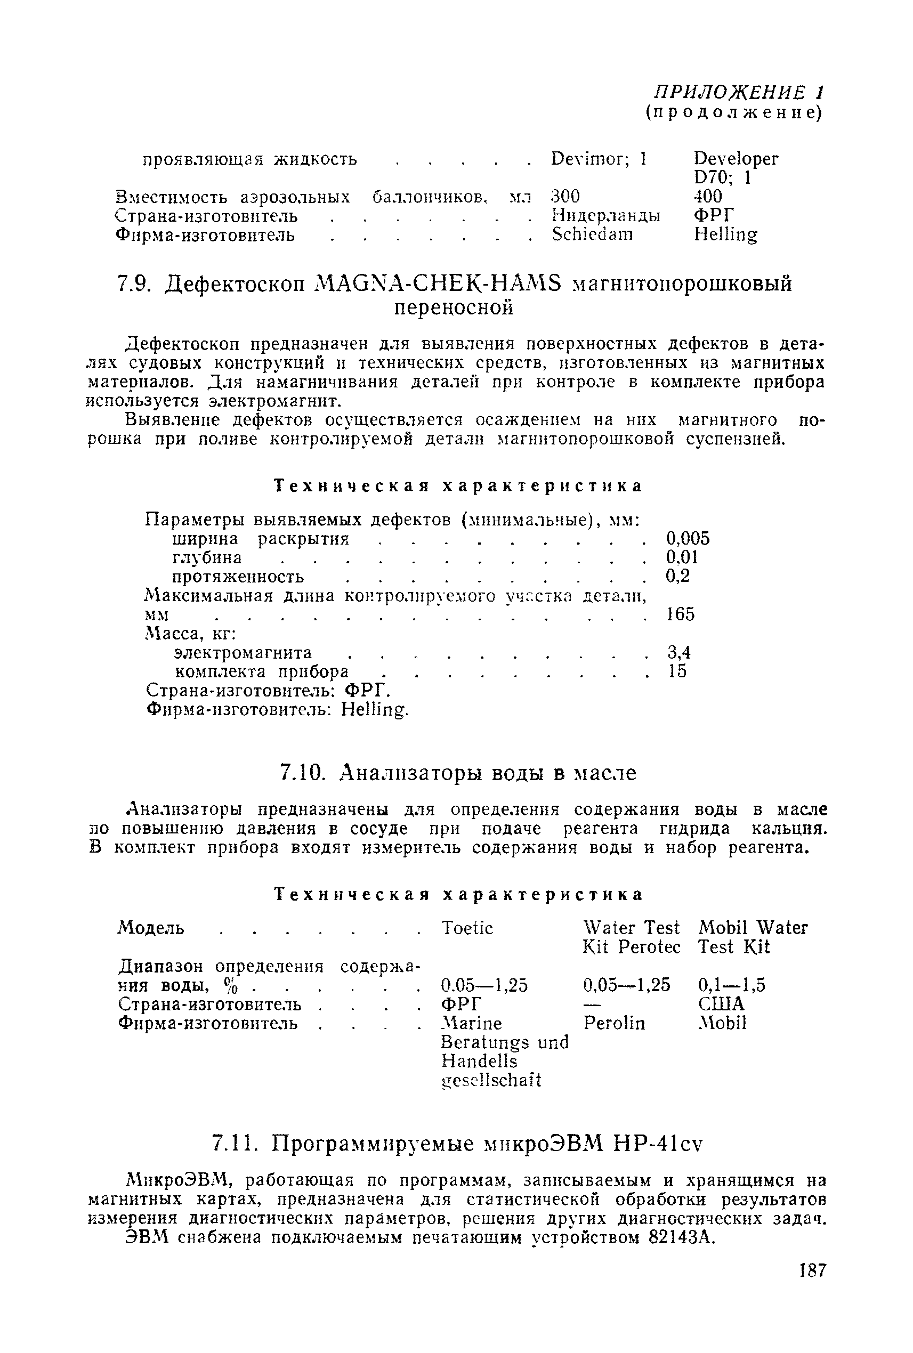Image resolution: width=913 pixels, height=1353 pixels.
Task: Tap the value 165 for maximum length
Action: point(680,614)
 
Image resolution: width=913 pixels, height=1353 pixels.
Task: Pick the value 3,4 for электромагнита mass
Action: point(678,652)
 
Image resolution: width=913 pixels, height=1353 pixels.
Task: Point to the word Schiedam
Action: point(592,234)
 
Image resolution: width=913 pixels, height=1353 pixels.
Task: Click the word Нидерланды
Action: point(605,215)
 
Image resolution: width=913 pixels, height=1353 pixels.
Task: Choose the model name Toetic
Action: point(467,928)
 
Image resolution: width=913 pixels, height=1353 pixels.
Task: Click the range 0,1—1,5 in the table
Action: point(731,985)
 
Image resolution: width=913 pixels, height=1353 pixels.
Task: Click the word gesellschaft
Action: point(491,1081)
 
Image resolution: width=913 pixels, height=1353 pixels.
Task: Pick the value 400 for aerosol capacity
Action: point(708,196)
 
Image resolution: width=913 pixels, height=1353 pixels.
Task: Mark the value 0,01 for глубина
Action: point(681,557)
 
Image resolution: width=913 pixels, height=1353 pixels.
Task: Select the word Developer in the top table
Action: point(736,158)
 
